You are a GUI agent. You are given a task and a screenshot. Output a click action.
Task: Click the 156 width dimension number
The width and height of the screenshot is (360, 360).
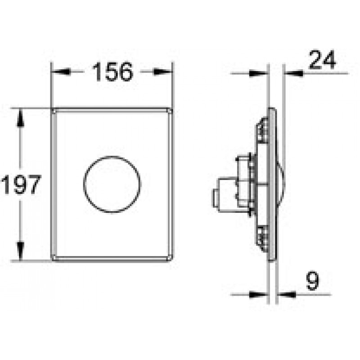pyautogui.click(x=112, y=72)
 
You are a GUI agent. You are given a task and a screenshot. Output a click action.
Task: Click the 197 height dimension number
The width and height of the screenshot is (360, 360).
pyautogui.click(x=21, y=184)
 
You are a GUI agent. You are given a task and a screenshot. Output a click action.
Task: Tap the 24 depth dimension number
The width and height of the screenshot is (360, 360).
pyautogui.click(x=322, y=60)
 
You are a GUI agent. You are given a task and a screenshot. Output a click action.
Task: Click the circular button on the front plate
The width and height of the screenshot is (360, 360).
pyautogui.click(x=112, y=184)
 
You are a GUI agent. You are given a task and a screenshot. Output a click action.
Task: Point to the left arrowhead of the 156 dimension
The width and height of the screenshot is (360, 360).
pyautogui.click(x=60, y=72)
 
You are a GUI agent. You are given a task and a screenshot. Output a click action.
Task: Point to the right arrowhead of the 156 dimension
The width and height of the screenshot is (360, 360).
pyautogui.click(x=163, y=72)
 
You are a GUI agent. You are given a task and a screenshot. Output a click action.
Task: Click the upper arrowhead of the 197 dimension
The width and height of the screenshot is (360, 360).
pyautogui.click(x=20, y=117)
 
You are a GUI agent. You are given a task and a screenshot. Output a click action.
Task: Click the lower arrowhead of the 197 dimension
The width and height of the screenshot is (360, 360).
pyautogui.click(x=20, y=251)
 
